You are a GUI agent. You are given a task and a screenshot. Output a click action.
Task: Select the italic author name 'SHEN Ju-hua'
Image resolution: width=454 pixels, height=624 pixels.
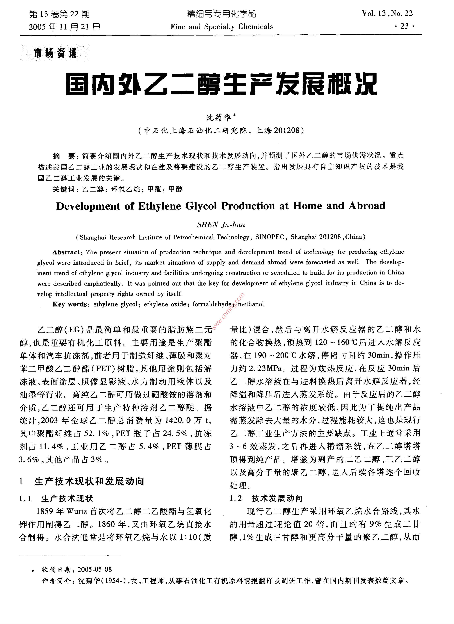coord(221,225)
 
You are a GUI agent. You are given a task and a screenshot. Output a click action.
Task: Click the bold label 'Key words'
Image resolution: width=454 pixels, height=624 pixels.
coord(70,304)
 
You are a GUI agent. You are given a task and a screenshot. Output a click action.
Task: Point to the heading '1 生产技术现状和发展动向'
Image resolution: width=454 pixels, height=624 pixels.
coord(82,482)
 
